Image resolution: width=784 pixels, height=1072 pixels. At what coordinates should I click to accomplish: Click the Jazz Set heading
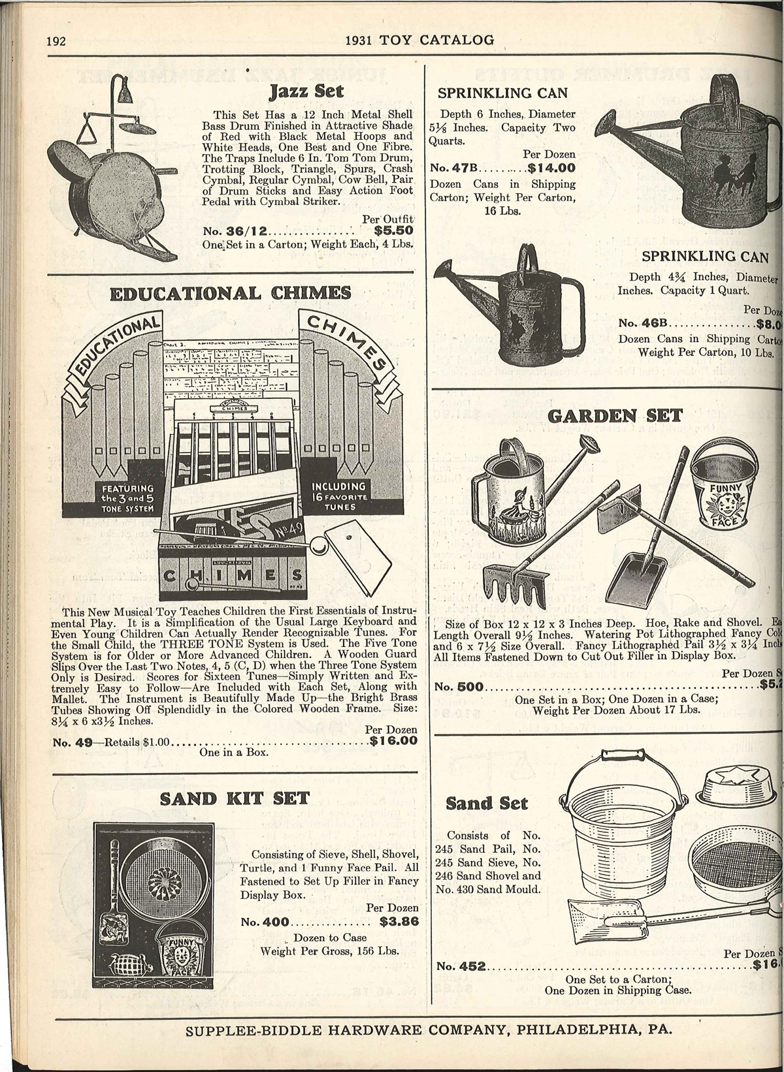point(306,91)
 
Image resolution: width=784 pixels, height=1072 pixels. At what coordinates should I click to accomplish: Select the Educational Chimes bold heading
point(231,292)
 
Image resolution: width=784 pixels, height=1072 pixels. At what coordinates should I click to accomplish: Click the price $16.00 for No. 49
point(393,740)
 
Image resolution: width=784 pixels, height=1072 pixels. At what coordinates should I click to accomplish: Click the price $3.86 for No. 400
point(399,922)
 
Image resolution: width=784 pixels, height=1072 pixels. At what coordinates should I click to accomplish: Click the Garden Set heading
point(617,415)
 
